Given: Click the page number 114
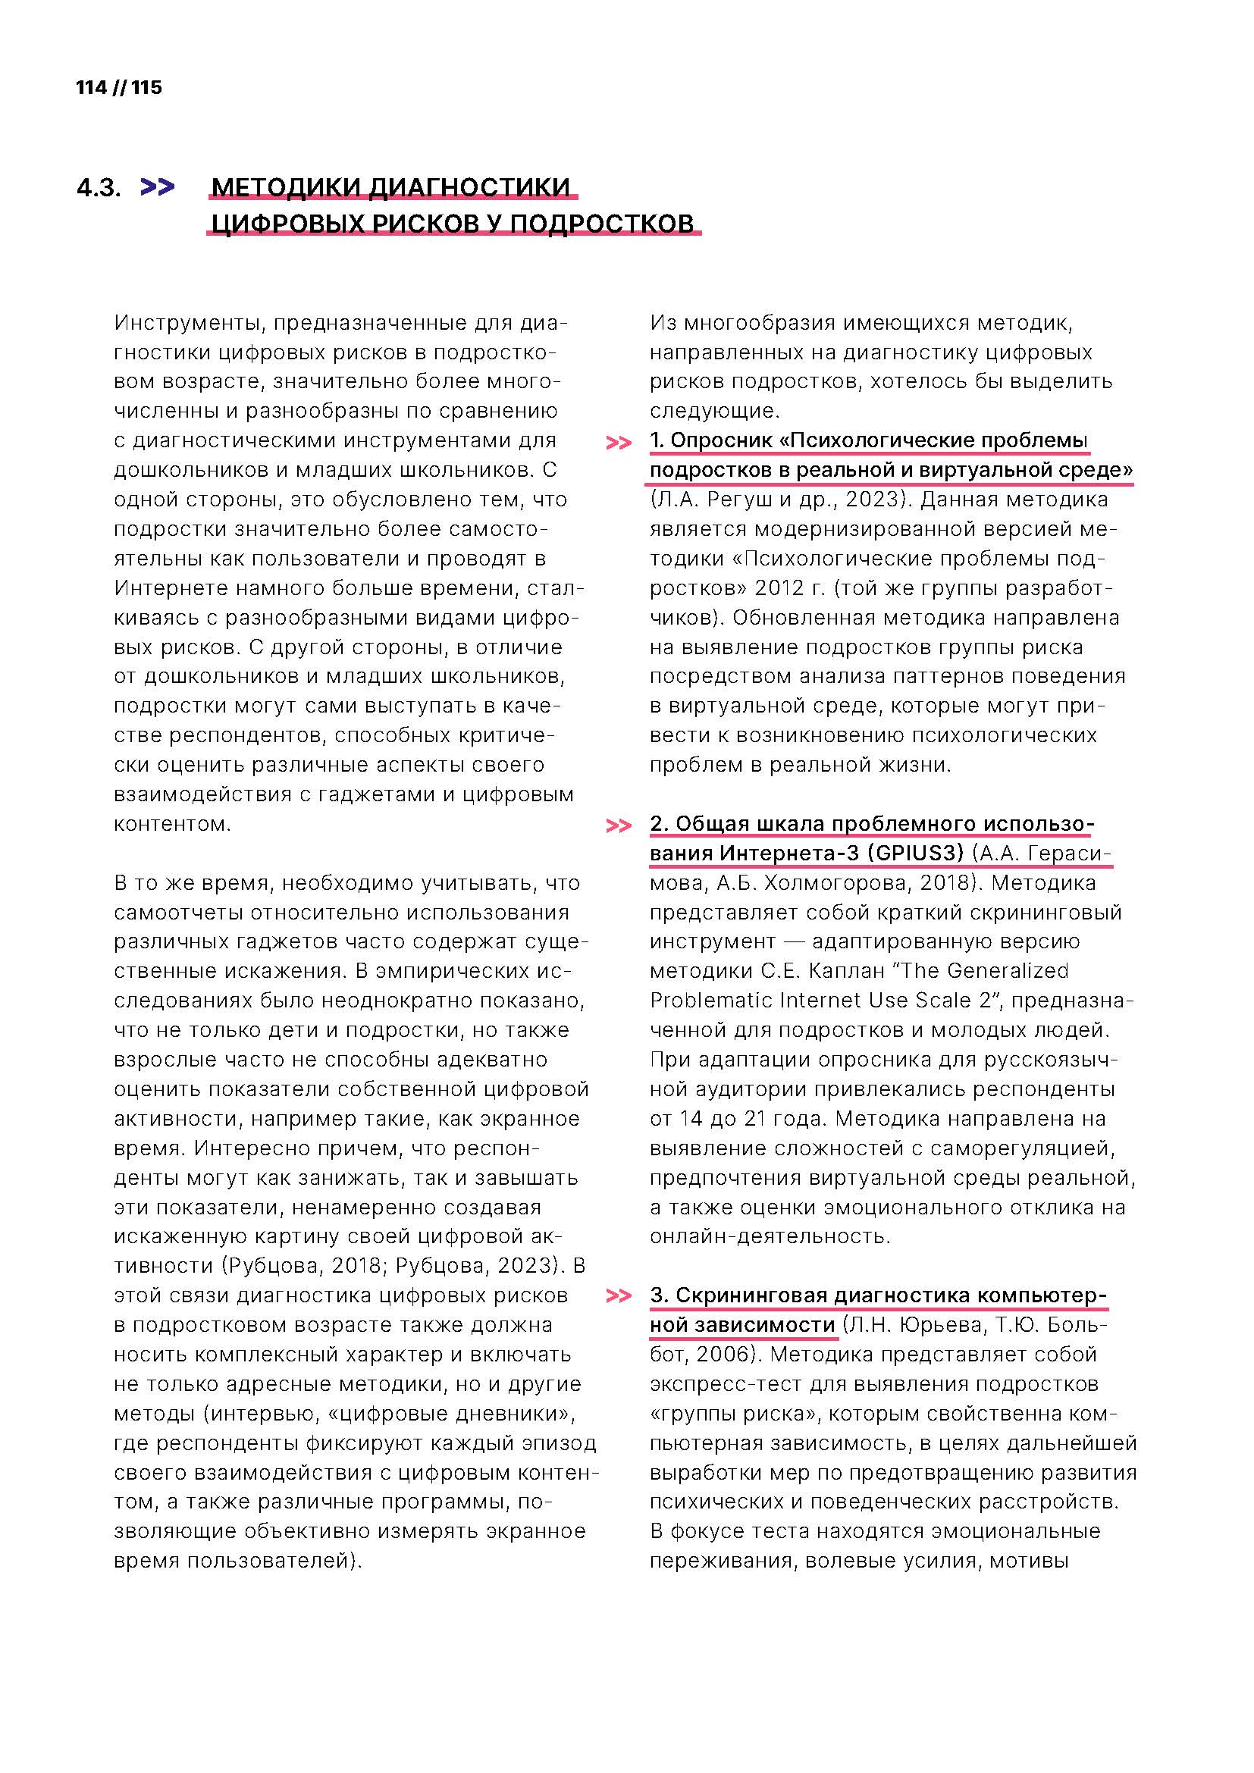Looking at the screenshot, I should [91, 87].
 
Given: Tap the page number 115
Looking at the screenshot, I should [147, 87].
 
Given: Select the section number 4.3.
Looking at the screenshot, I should [99, 189].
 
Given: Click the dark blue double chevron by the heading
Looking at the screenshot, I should [158, 188].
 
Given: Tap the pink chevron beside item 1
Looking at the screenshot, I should [619, 443].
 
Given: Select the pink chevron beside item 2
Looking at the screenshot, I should [619, 826].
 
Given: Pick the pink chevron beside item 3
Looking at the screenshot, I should [619, 1295].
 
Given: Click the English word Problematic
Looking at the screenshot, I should [710, 1000].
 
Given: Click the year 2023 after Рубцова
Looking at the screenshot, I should [528, 1266].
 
